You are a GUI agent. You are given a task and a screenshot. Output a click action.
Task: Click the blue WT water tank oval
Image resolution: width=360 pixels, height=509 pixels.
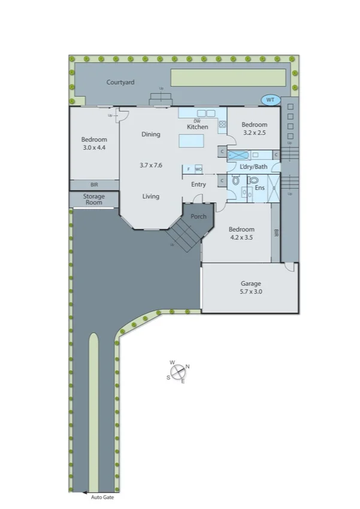click(x=270, y=100)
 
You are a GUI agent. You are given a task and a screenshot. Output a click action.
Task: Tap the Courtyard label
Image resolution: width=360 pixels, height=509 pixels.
click(x=120, y=82)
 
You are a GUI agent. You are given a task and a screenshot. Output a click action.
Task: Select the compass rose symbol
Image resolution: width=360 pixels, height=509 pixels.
click(x=179, y=372)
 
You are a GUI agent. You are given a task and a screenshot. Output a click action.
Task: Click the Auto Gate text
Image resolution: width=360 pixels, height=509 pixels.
click(x=102, y=497)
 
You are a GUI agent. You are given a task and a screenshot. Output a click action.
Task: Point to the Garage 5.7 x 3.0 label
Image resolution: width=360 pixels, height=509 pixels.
click(x=250, y=288)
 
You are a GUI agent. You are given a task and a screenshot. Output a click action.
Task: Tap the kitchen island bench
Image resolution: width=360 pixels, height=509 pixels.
click(x=191, y=140)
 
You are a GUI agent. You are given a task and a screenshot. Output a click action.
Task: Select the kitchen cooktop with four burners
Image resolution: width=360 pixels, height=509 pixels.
click(x=222, y=124)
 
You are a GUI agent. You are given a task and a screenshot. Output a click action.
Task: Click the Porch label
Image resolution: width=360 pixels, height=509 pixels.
click(x=198, y=216)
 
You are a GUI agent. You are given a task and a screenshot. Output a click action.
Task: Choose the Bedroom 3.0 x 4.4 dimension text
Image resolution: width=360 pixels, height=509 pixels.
click(x=94, y=147)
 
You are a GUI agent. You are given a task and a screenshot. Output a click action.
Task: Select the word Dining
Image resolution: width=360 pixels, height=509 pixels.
click(x=151, y=134)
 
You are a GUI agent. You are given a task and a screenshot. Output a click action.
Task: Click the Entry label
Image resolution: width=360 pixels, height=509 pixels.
click(x=198, y=184)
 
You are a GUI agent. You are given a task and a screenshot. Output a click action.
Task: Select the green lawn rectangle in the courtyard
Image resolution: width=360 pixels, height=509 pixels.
click(x=228, y=77)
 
